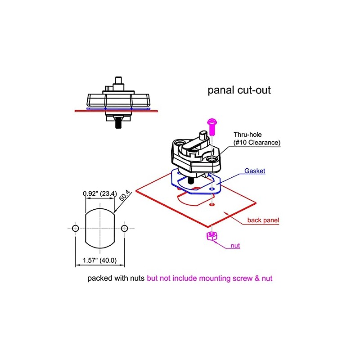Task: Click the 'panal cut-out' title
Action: click(239, 90)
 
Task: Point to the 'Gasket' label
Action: click(255, 171)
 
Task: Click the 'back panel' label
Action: click(263, 220)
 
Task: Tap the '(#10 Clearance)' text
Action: click(257, 143)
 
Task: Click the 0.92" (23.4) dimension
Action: click(100, 194)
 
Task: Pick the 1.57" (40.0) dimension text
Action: click(100, 261)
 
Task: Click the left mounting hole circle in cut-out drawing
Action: click(76, 228)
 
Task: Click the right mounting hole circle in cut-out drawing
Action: click(125, 228)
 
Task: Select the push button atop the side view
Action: click(119, 83)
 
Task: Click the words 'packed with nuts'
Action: click(116, 279)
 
